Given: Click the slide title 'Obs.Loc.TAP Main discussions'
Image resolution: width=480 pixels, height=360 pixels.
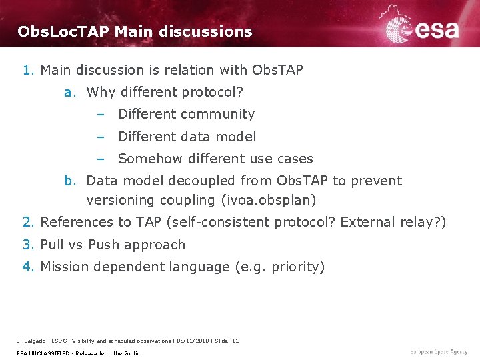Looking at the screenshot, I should (x=135, y=31).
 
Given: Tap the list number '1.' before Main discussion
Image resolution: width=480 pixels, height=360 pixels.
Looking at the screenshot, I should (x=28, y=70).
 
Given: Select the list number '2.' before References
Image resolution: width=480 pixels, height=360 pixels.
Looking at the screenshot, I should (x=28, y=222).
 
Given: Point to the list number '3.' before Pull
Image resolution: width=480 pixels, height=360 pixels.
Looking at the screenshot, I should (x=28, y=245).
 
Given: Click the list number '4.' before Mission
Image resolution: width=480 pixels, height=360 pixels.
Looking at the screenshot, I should (x=28, y=267).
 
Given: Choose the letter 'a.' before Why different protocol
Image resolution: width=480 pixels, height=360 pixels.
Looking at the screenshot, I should (x=71, y=92).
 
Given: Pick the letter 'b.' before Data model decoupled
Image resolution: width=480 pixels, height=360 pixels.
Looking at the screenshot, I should (x=71, y=181).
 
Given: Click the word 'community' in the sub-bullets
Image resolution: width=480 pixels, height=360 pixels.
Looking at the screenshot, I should (x=221, y=115).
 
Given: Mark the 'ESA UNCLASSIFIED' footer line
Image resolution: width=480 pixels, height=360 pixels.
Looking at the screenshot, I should (x=77, y=353).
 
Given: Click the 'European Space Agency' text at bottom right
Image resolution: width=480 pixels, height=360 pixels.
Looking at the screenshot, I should (x=439, y=351).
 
